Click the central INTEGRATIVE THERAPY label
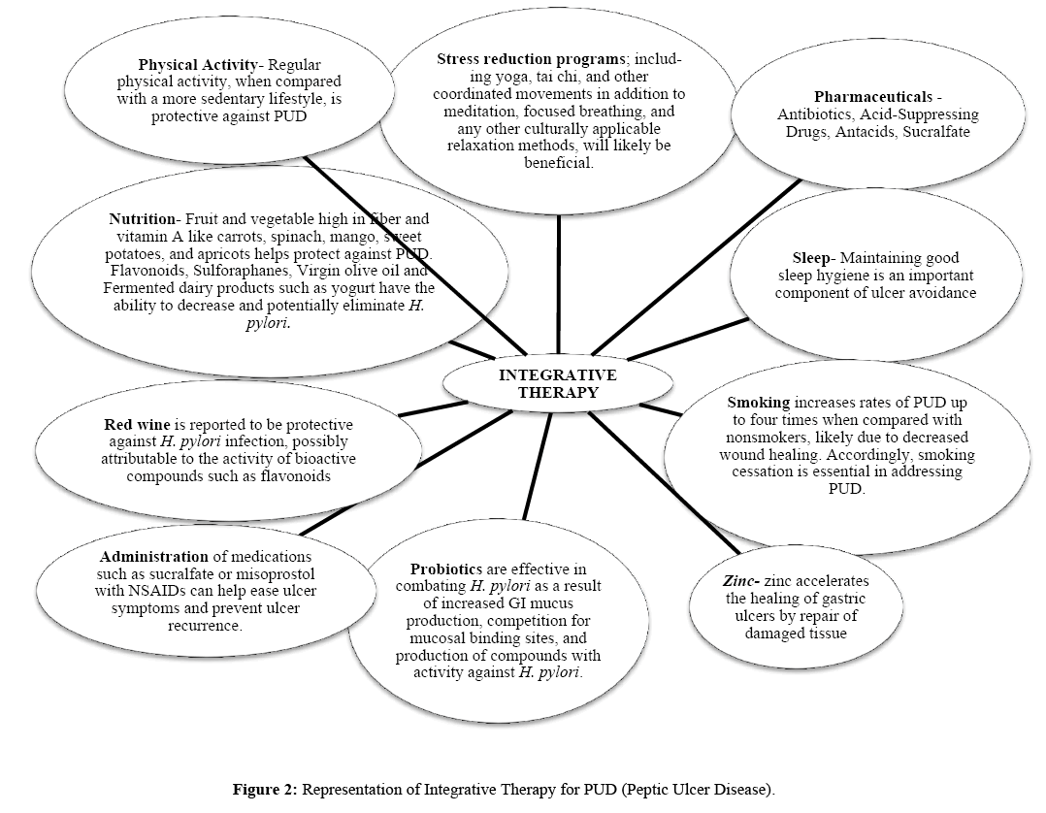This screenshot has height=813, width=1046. pos(558,383)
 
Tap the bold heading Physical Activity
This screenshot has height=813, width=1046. pos(198,65)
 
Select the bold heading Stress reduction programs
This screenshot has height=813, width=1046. pos(531,58)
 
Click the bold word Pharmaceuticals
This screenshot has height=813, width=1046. pos(873,97)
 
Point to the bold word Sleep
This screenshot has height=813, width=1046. pos(811,258)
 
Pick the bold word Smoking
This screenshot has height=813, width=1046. pos(759,403)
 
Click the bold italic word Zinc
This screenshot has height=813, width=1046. pos(739,581)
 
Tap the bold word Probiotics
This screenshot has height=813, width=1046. pos(446,569)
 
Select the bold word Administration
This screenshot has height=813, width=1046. pos(154,556)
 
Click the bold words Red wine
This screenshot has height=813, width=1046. pos(137,424)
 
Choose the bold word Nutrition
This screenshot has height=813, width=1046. pos(142,218)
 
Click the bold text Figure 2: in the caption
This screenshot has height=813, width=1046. pos(265,790)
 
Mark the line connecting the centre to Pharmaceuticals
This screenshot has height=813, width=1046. pos(696,267)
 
